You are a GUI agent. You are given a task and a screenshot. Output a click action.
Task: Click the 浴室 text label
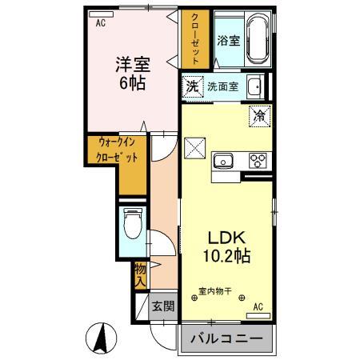[229, 40]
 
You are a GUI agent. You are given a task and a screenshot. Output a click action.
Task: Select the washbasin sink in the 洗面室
[254, 86]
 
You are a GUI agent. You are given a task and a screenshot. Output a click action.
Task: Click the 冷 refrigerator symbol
[260, 116]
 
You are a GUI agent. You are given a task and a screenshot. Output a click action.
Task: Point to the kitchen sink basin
[223, 160]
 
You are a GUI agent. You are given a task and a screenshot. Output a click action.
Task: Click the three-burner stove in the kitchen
[258, 159]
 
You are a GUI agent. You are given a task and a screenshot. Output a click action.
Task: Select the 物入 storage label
[140, 274]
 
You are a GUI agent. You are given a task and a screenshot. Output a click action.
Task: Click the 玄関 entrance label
[164, 305]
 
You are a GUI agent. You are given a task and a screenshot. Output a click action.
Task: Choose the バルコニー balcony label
[226, 338]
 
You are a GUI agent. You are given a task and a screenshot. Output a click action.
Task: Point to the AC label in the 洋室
[101, 23]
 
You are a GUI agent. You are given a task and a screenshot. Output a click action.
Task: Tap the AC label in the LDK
[258, 306]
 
